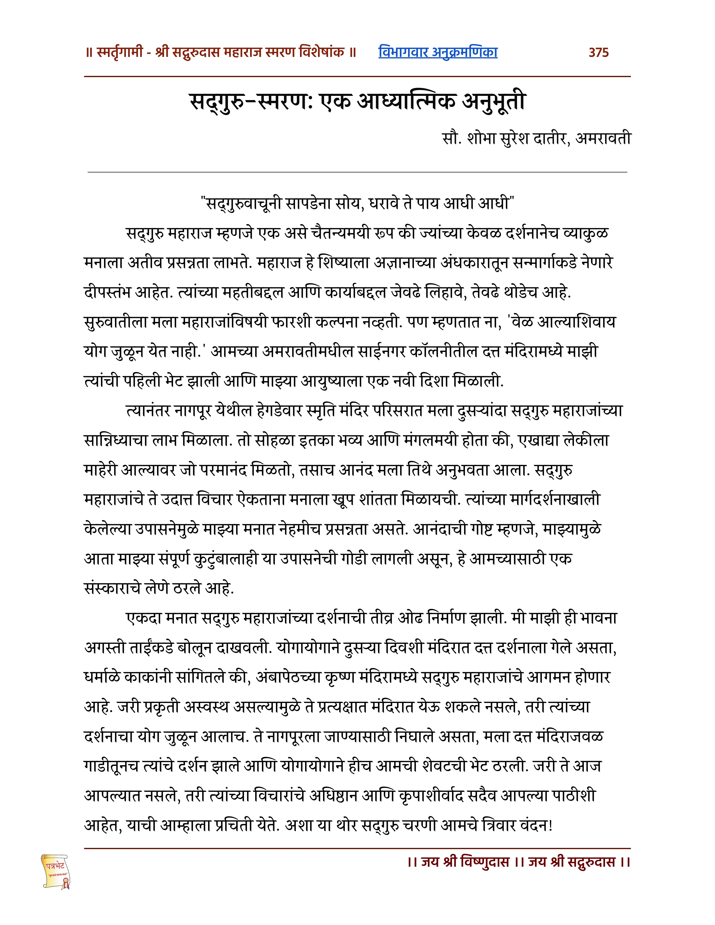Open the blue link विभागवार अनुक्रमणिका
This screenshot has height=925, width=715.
(438, 52)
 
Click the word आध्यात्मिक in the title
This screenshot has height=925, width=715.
(407, 102)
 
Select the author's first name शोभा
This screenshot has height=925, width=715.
(481, 138)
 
